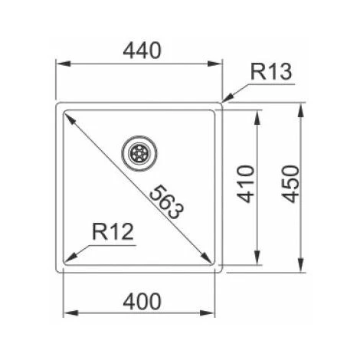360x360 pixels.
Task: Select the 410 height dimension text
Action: click(244, 184)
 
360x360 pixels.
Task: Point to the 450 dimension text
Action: click(289, 184)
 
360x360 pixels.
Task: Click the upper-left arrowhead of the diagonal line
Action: click(67, 116)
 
